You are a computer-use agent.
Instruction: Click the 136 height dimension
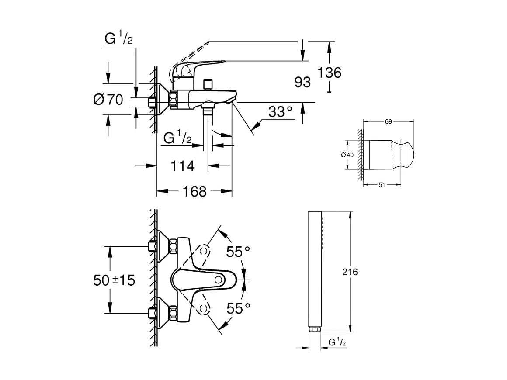coord(330,73)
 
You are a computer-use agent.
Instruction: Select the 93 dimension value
coord(302,82)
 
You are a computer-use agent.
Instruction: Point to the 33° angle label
coord(280,112)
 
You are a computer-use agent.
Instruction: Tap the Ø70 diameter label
coord(108,100)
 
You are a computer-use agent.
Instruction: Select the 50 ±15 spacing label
coord(114,280)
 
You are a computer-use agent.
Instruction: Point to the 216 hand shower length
coord(350,272)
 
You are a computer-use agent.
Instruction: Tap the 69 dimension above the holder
coord(388,122)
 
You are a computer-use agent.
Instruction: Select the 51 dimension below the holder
coord(381,185)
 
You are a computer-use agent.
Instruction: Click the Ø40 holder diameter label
coord(348,155)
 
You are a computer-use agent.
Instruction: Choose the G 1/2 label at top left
coord(118,39)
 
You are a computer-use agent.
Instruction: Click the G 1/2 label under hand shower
coord(337,343)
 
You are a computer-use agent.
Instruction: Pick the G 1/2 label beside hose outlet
coord(177,138)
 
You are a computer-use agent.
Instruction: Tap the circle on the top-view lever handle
coord(218,280)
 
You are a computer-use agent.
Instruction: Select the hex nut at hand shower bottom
coord(314,329)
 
